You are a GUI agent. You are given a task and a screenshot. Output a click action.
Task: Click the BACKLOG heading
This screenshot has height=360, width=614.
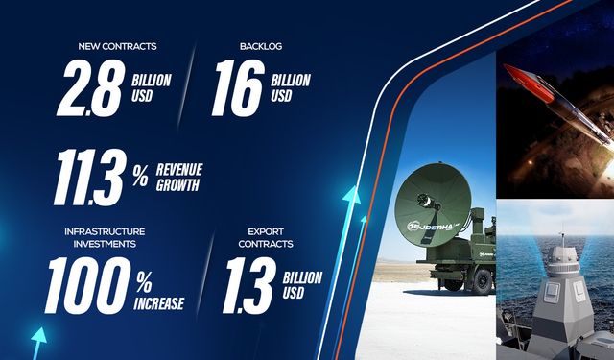(260, 45)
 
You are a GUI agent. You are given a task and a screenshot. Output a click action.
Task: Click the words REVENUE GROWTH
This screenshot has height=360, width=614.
(180, 177)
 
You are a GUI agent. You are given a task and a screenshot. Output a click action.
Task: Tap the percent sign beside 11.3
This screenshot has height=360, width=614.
(141, 176)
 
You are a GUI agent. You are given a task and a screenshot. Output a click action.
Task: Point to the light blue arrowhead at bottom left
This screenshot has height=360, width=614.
(38, 337)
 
